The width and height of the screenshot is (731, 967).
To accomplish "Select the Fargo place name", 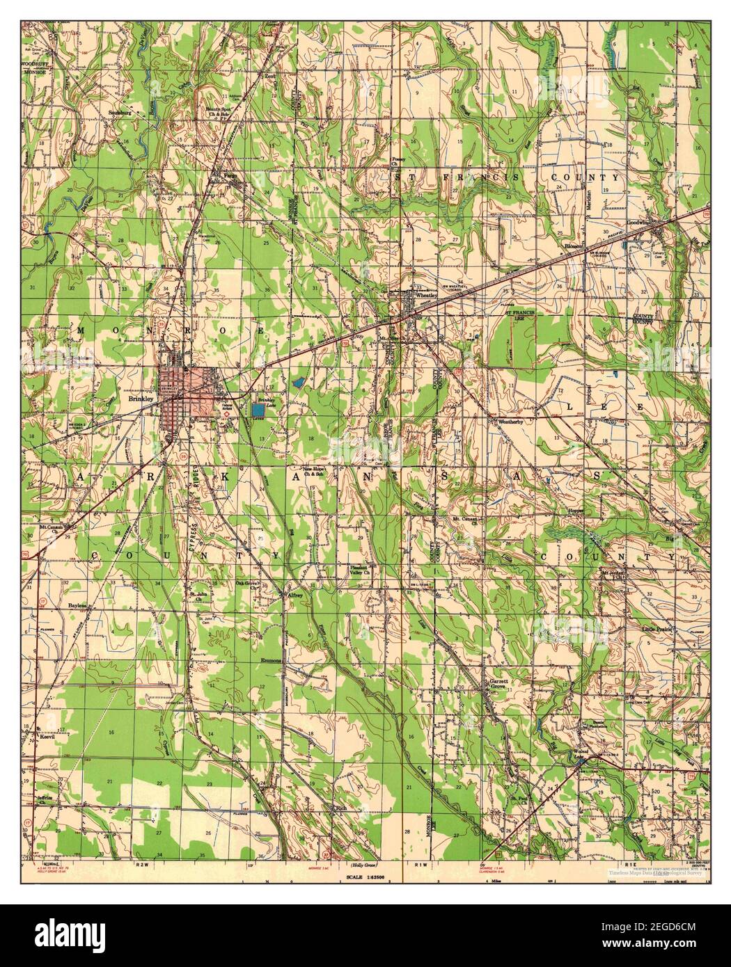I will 230,177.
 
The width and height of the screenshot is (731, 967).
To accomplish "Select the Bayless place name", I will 77,605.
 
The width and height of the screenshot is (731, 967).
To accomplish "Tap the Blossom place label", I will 574,246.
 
